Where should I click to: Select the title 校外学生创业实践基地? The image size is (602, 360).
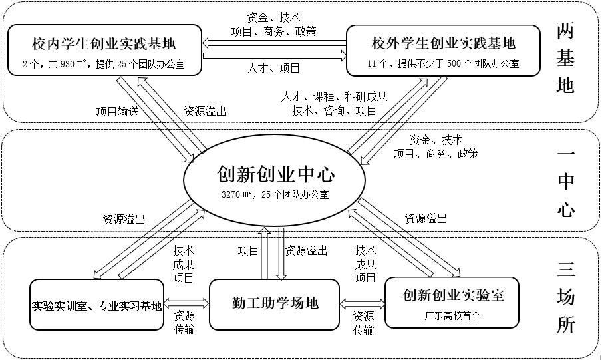coord(444,45)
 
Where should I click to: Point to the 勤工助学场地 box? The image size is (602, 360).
coord(274,303)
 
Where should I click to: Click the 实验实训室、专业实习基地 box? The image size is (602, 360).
coord(97,306)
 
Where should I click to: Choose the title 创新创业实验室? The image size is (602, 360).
coord(453,294)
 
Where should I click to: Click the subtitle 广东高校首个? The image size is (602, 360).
coord(452,316)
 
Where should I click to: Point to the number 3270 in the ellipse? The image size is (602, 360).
coord(232,194)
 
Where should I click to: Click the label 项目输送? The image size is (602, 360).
coord(117,112)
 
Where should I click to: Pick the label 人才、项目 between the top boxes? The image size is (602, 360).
coord(273,68)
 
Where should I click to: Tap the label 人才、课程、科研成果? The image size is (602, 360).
coord(333,97)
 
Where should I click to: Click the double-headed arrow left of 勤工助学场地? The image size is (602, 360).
coord(186,303)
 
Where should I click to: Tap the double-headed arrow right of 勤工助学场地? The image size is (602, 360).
coord(362,303)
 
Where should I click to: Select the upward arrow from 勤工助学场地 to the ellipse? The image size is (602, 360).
coord(264,253)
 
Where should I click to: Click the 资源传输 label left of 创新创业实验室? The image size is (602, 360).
coord(363,323)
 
